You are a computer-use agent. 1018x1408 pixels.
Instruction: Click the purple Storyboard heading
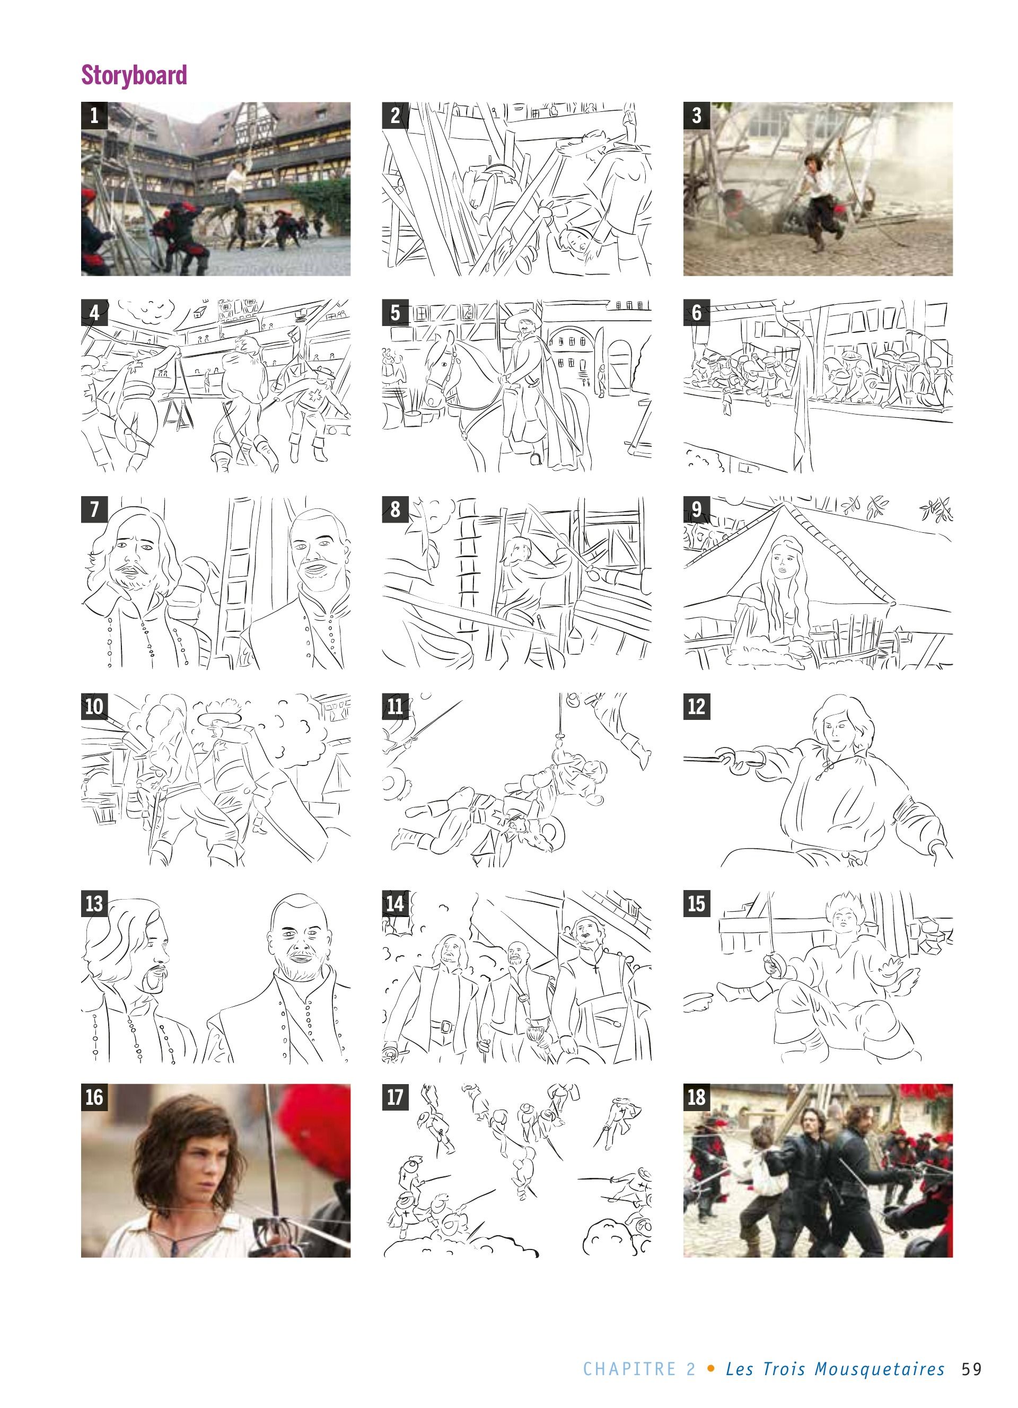click(x=134, y=75)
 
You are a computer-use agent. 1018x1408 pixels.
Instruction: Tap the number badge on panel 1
click(x=94, y=116)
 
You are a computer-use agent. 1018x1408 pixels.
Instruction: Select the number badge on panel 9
click(x=697, y=509)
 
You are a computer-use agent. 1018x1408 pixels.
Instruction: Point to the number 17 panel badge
click(x=396, y=1097)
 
